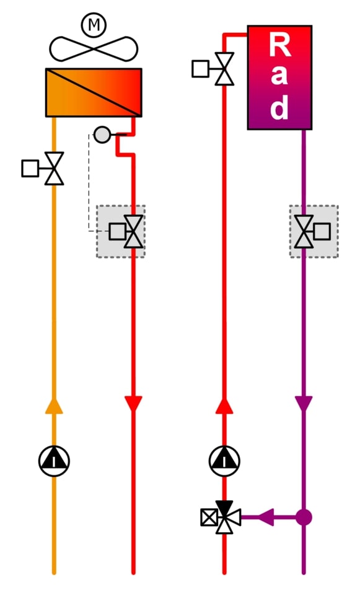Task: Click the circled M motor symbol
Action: tap(94, 25)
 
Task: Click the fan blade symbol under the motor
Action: tap(94, 49)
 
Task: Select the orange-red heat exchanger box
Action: tap(94, 93)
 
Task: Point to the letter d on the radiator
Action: tap(279, 107)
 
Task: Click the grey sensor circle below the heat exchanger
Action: tap(102, 134)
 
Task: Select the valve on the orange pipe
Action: tap(43, 169)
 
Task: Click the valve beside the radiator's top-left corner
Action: tap(213, 69)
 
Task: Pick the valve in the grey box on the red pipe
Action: tap(126, 232)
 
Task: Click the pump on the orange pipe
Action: tap(54, 461)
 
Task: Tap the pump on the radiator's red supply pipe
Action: tap(224, 461)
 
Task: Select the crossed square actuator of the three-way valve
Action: tap(209, 517)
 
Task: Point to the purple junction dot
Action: tap(304, 517)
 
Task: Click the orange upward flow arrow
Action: tap(54, 406)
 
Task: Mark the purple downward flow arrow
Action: tap(304, 404)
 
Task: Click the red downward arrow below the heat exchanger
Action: tap(133, 404)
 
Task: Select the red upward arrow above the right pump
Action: tap(224, 406)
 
